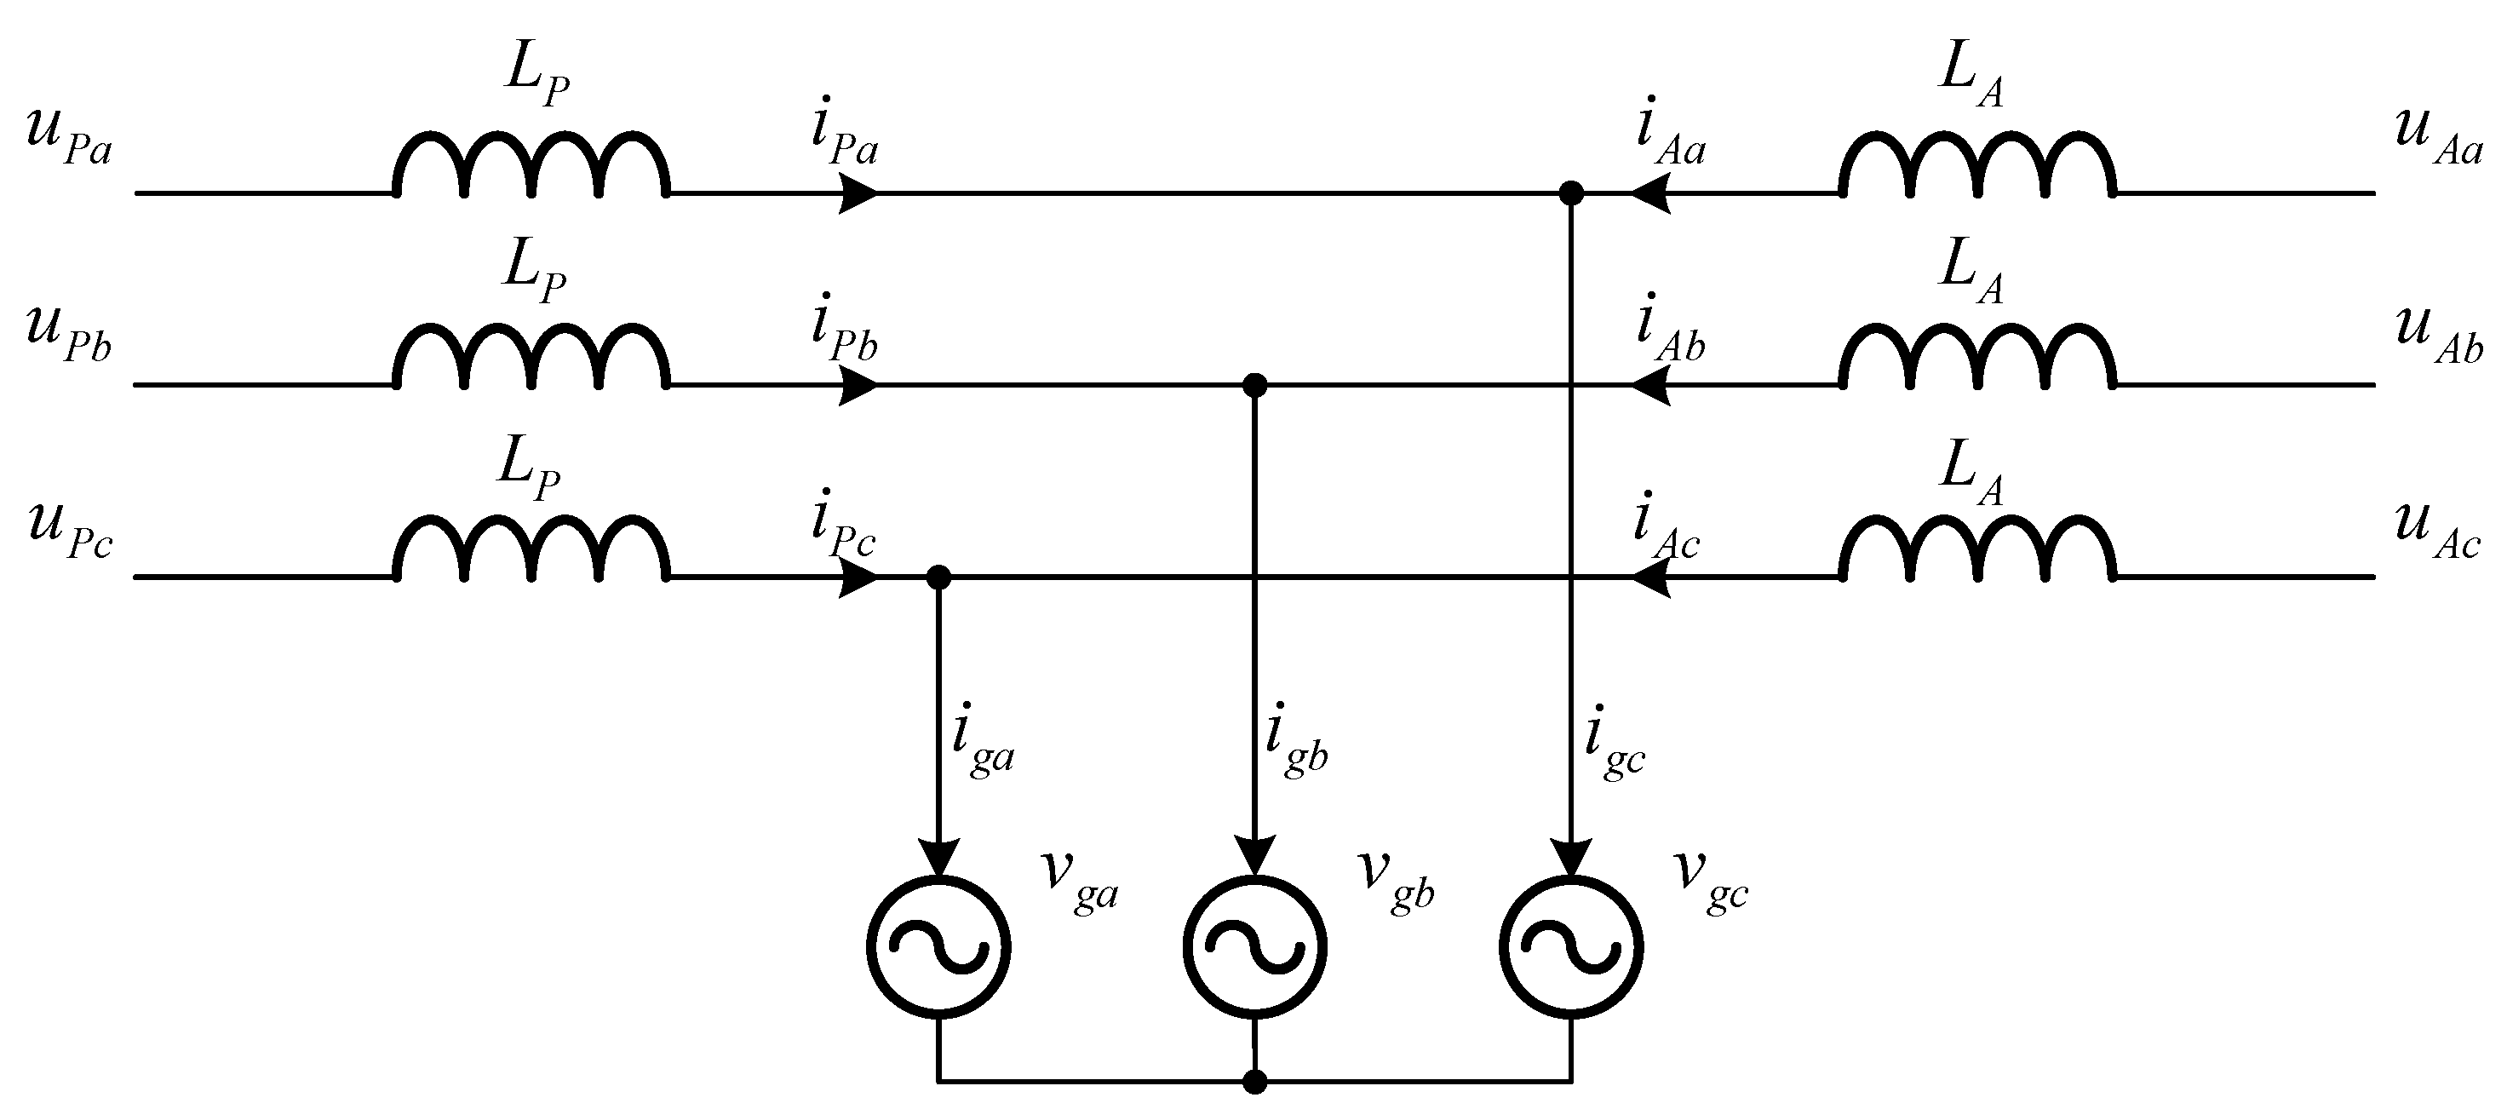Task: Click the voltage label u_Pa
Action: [x=68, y=142]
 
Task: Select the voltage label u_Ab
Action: [x=2439, y=336]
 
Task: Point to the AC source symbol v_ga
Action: [x=938, y=946]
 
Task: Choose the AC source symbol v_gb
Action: [x=1254, y=946]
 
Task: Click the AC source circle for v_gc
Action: [x=1571, y=946]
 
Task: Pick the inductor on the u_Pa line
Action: [x=531, y=165]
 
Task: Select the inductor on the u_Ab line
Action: [x=1976, y=358]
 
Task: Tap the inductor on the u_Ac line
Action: [x=1976, y=550]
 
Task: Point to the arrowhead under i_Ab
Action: [x=1650, y=386]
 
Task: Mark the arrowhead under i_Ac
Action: [x=1650, y=577]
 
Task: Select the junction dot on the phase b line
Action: [x=1254, y=386]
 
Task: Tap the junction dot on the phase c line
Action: [x=938, y=577]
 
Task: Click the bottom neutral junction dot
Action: [x=1254, y=1081]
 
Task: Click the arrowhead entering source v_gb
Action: [x=1254, y=857]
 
